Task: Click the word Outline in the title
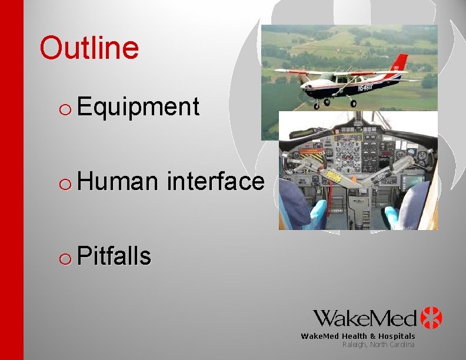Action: click(x=89, y=48)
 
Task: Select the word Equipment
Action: click(x=138, y=107)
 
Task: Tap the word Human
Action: click(x=116, y=181)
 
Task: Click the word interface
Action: click(x=215, y=181)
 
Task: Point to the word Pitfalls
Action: click(x=114, y=256)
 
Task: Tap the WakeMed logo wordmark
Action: click(x=365, y=318)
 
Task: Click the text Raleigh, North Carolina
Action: click(x=378, y=344)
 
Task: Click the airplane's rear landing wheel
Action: click(x=353, y=104)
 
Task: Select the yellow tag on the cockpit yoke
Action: click(x=334, y=176)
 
